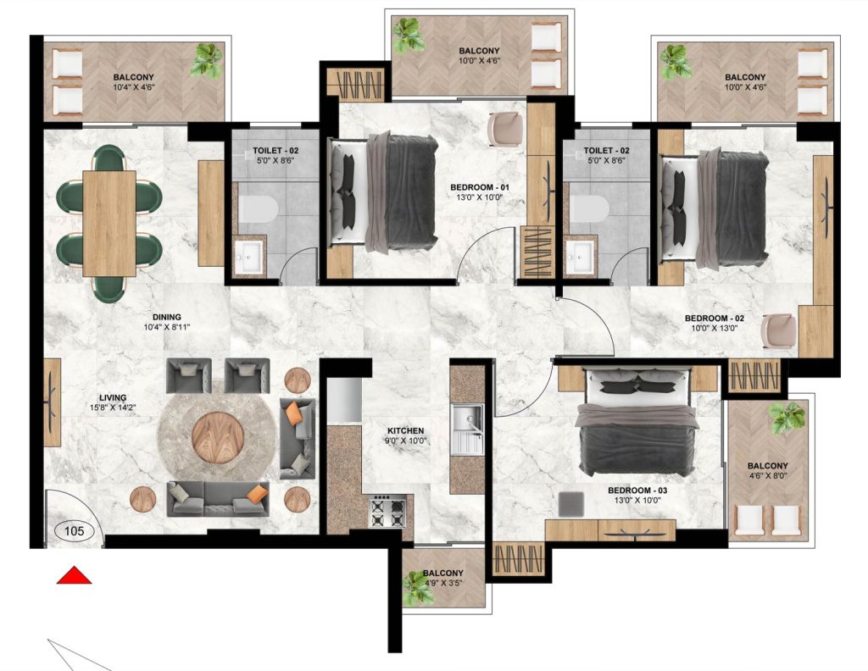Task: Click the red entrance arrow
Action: pos(74,575)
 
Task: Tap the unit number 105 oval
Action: pos(73,531)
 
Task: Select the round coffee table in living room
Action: pos(217,434)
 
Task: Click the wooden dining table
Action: pos(108,223)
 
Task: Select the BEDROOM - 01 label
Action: pos(475,189)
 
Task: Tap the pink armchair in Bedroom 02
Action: pos(778,331)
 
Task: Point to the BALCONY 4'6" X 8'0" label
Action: pos(768,471)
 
